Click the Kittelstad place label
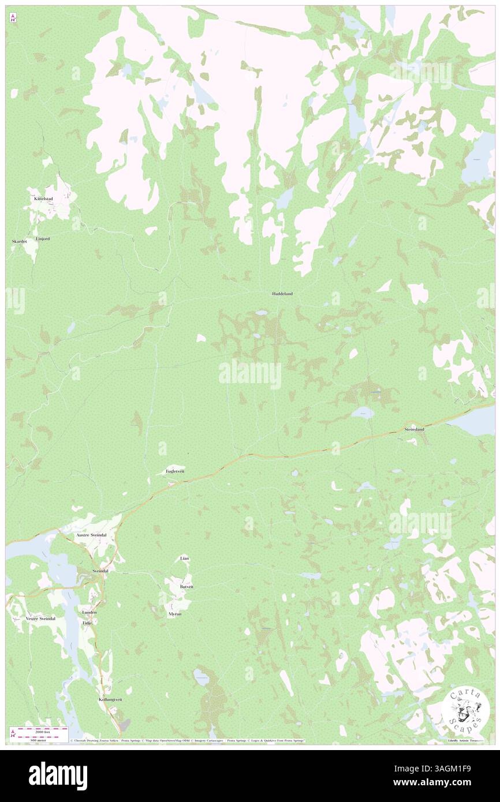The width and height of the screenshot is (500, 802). (43, 199)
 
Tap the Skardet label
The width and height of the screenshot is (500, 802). (19, 242)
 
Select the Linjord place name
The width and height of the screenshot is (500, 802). (43, 238)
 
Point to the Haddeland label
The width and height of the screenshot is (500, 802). (282, 294)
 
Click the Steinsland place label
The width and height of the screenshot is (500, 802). (414, 430)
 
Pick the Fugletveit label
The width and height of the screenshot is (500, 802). (174, 471)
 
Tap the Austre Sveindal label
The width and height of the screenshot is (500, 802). (91, 535)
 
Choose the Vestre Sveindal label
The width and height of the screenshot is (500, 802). (41, 619)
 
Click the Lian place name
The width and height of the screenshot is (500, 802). (184, 559)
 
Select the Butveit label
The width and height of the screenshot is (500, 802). (186, 586)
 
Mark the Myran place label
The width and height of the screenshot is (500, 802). (175, 614)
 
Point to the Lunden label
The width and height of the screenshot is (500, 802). (89, 612)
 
